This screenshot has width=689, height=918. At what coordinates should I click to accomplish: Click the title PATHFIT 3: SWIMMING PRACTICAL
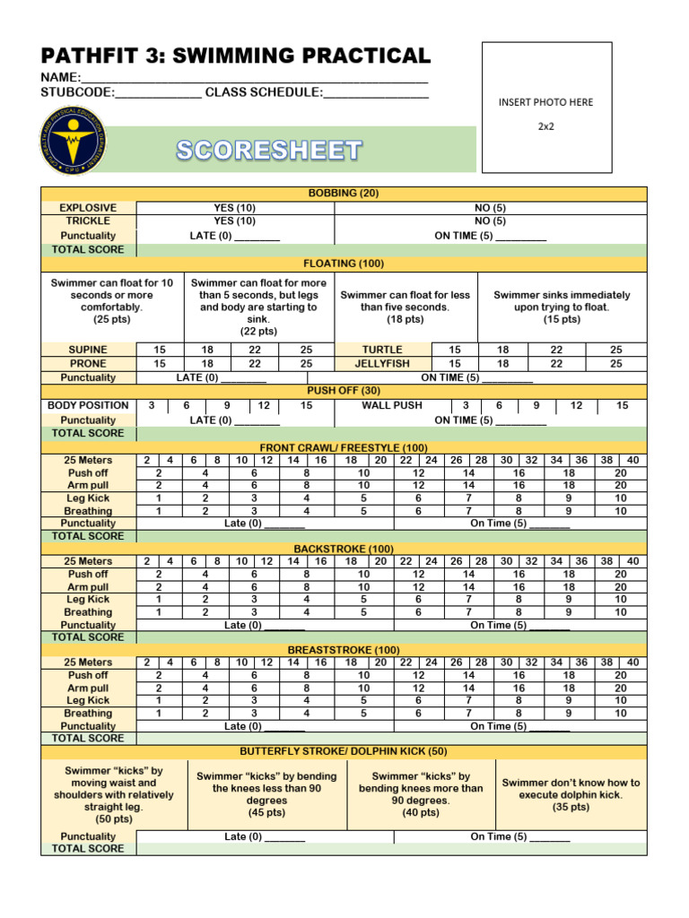[235, 55]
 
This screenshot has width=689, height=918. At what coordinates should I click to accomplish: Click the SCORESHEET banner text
[269, 151]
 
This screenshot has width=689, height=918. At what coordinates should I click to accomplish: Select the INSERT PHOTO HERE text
[545, 102]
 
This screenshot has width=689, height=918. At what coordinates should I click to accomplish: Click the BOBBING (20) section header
[344, 194]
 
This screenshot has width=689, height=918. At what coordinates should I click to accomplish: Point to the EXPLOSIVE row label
[88, 207]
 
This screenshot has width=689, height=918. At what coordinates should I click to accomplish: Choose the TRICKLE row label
[88, 221]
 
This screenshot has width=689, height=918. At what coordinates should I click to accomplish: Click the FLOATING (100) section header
[344, 264]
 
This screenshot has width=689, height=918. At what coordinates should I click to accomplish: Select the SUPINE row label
[88, 350]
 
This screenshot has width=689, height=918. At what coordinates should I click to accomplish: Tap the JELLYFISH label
[382, 364]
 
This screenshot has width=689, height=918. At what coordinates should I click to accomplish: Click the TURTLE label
[382, 350]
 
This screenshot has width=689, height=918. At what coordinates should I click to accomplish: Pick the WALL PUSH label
[391, 405]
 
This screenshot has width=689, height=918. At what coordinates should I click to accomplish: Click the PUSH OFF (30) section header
[344, 391]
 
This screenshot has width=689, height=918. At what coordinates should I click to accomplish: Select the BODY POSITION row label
[88, 405]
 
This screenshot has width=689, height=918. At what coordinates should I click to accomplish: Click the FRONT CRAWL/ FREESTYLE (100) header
[344, 447]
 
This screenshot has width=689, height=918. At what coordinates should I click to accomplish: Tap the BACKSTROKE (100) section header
[344, 549]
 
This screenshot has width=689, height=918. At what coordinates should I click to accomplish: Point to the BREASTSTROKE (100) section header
[344, 650]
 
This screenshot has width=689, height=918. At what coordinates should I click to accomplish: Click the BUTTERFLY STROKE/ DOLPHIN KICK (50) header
[344, 751]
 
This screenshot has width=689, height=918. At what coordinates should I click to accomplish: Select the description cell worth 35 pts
[571, 794]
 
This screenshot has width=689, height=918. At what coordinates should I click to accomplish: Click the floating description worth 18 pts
[405, 307]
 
